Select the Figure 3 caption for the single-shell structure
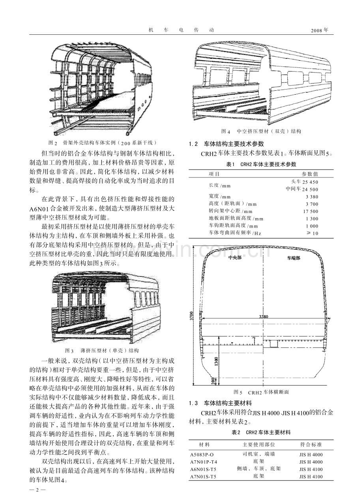(x=102, y=350)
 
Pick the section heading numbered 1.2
(x=226, y=144)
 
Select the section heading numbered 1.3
(x=223, y=404)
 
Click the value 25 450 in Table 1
(x=310, y=182)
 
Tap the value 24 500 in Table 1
(x=310, y=189)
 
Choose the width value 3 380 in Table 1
(x=312, y=196)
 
